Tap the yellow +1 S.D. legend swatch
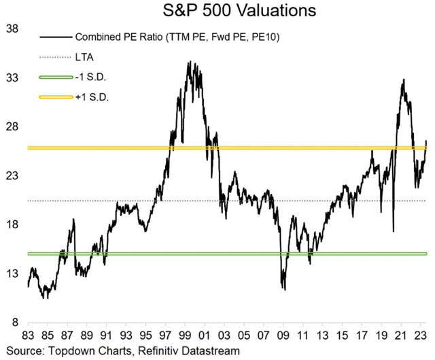coord(56,97)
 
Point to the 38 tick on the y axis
coord(12,29)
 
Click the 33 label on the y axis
coord(12,78)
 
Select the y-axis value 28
coord(12,127)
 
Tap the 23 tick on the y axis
coord(12,176)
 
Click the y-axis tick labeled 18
coord(12,225)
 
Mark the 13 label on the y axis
coord(12,274)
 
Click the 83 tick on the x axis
coord(29,336)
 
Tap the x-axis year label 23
coord(421,336)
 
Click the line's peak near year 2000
coord(189,62)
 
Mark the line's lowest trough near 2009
coord(284,289)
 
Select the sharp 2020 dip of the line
coord(394,231)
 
